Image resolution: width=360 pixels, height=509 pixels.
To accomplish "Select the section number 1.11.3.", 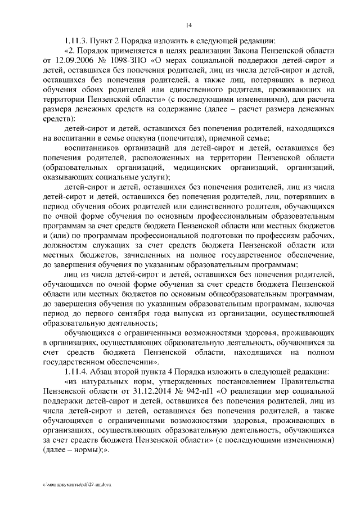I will tap(76, 40).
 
